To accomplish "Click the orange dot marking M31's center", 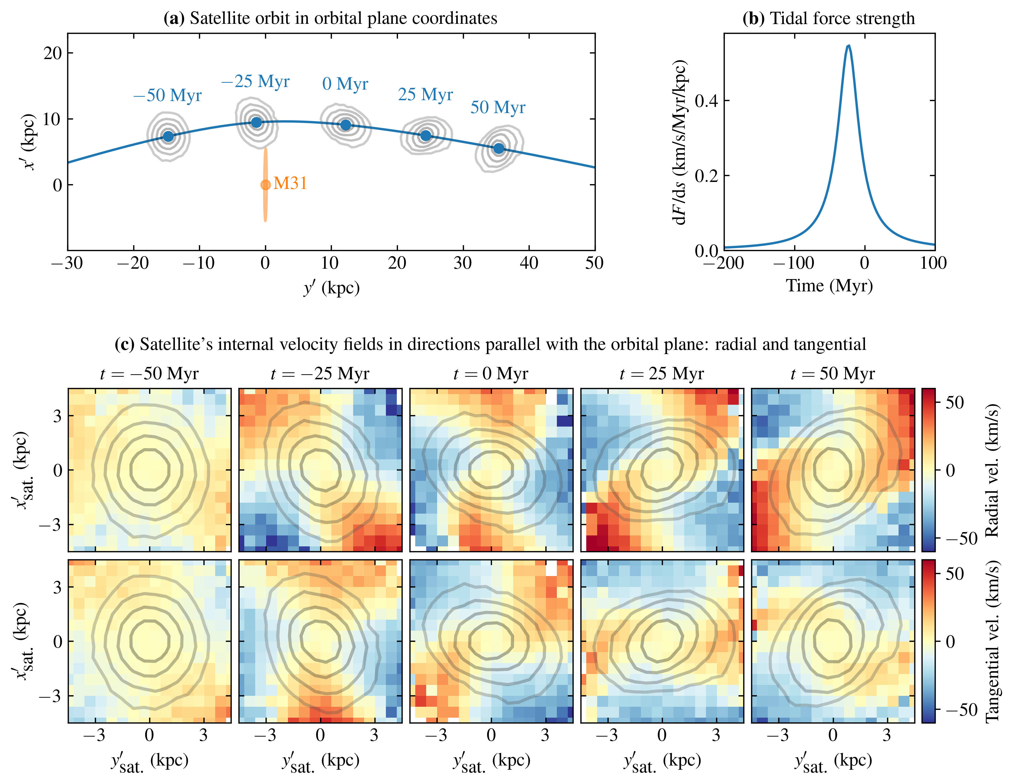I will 265,185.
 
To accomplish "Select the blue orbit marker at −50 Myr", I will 168,136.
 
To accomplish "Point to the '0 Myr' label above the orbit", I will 345,84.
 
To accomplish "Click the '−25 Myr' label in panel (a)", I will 255,82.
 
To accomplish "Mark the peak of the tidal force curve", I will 848,45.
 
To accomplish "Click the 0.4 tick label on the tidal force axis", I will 706,101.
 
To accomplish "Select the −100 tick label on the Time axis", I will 794,263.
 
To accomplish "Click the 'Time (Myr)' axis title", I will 829,285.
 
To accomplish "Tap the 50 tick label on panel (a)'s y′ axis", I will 594,263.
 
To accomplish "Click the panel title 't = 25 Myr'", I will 662,373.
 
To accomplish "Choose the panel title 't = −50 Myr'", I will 149,373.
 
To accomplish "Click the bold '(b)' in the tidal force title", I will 753,18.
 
